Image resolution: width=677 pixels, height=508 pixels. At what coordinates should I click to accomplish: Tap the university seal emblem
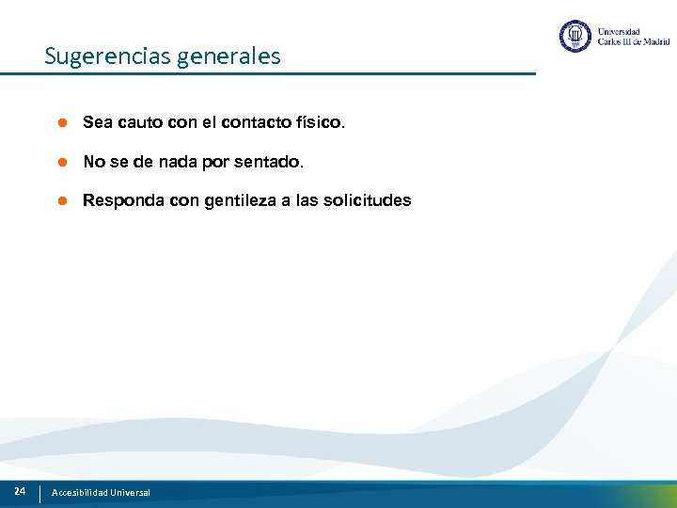[x=575, y=37]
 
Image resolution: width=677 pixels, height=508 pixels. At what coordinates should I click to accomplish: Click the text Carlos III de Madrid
[x=634, y=42]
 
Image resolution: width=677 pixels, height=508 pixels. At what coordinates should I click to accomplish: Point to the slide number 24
[x=20, y=491]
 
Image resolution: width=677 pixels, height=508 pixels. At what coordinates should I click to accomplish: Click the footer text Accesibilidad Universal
[x=101, y=493]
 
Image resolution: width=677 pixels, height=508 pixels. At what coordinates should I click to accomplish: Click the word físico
[x=321, y=123]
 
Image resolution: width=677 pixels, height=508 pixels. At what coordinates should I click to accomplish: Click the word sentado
[x=273, y=163]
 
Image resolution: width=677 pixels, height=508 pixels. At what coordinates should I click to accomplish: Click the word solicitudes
[x=371, y=201]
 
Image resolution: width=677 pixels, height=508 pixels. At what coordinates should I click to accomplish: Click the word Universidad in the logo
[x=619, y=30]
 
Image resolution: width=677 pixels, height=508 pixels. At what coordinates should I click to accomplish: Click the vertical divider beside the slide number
[x=39, y=493]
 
